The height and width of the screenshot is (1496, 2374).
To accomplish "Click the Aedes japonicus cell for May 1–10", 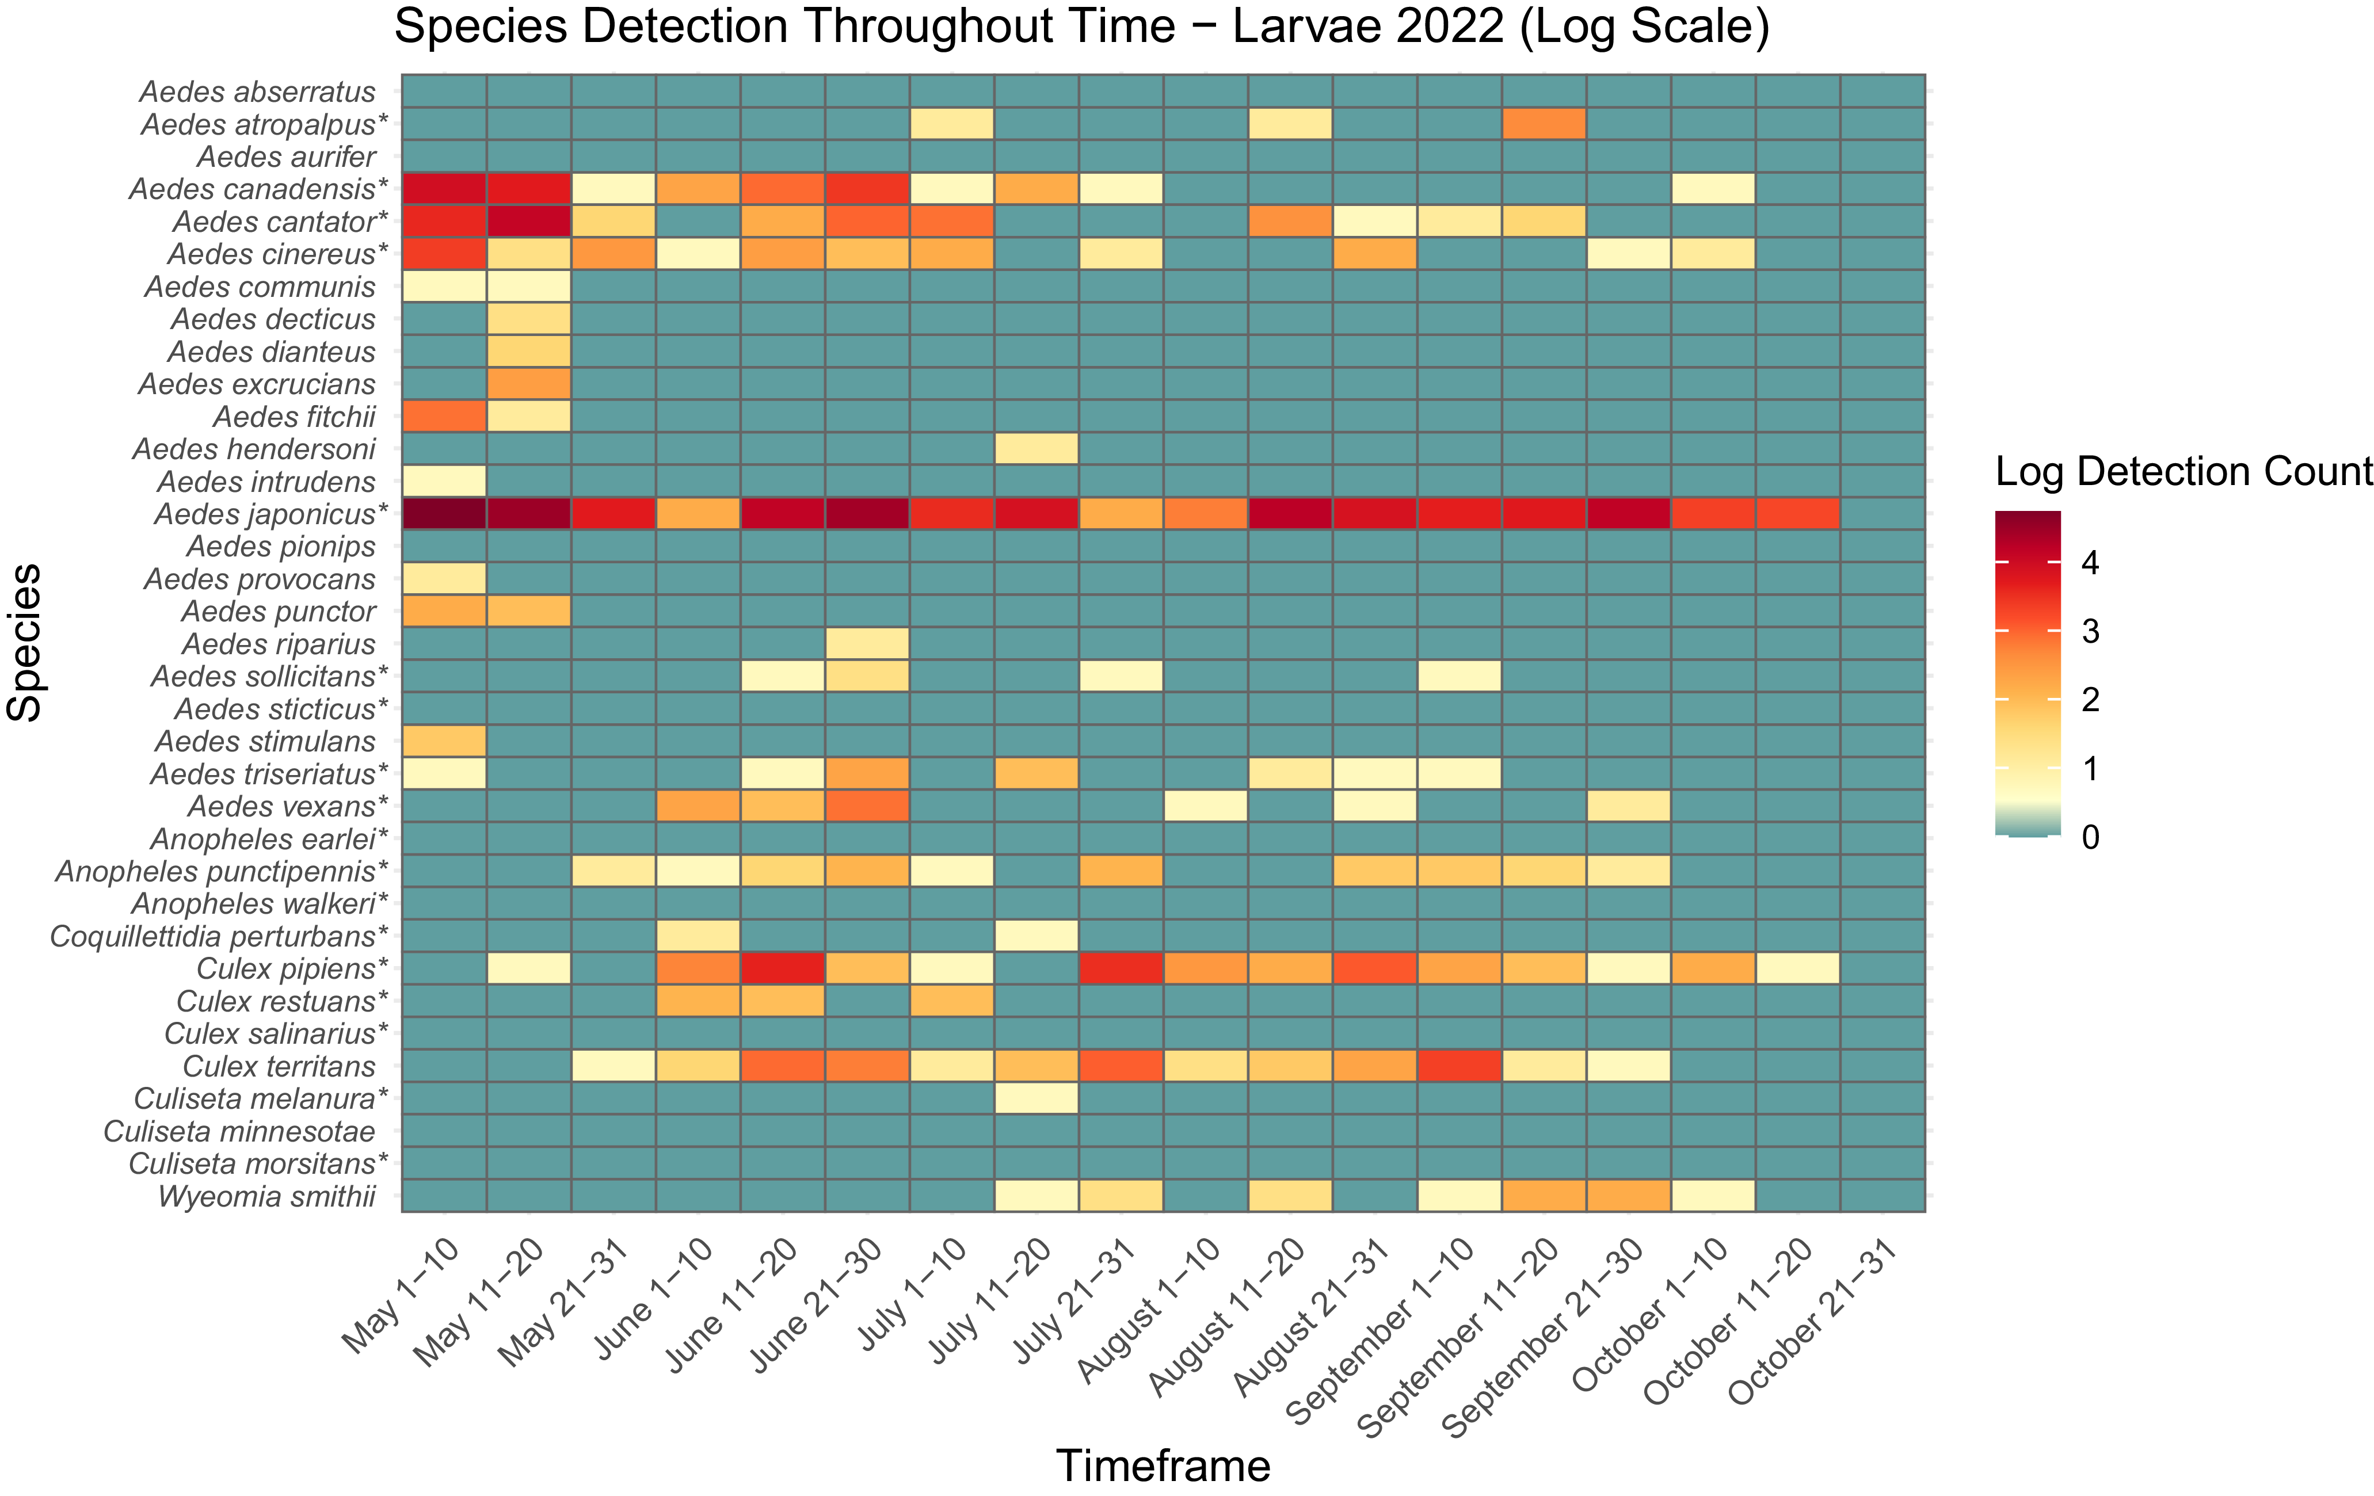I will tap(444, 513).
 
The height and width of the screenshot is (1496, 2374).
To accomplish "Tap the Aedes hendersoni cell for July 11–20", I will tap(1036, 448).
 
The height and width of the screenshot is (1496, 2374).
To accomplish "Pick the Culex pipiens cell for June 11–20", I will tap(783, 968).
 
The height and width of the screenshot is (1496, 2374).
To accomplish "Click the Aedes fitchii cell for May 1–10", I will tap(444, 416).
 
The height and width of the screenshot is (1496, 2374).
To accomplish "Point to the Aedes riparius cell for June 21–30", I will tap(867, 643).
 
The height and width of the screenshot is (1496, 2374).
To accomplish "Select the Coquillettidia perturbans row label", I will tap(219, 936).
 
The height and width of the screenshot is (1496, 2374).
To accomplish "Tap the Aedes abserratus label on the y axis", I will tap(257, 91).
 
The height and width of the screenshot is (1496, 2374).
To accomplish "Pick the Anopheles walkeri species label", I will tap(260, 904).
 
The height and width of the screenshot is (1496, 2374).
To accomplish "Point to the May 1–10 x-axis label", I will tap(402, 1295).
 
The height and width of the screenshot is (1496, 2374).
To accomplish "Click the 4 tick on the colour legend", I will tap(2089, 563).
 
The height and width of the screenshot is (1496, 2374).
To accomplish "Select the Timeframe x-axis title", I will tap(1163, 1466).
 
